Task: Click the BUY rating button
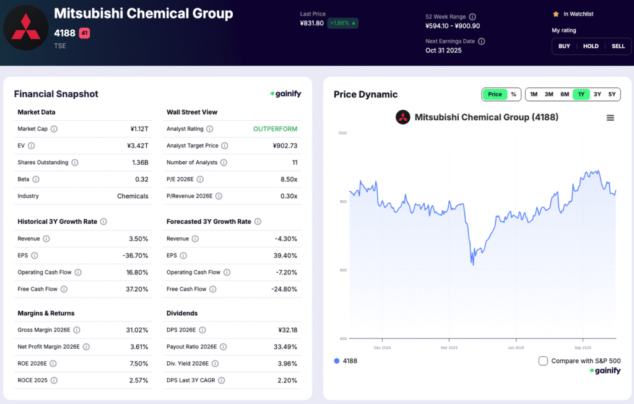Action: tap(564, 46)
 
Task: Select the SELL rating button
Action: tap(618, 46)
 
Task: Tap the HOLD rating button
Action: tap(591, 46)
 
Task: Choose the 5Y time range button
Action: tap(612, 94)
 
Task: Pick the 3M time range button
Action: tap(549, 94)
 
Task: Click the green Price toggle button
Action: tap(495, 94)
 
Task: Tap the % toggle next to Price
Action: tap(513, 94)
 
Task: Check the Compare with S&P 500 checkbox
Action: tap(543, 361)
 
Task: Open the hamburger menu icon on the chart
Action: tap(610, 118)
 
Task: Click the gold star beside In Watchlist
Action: tap(555, 14)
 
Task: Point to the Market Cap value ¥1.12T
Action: tap(139, 129)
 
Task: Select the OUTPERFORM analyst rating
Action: tap(275, 129)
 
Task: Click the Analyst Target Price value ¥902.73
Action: tap(285, 146)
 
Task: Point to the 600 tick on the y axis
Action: tap(342, 270)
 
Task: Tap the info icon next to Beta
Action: tap(35, 179)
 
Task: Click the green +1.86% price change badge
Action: tap(344, 23)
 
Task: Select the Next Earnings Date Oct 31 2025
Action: tap(443, 50)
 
